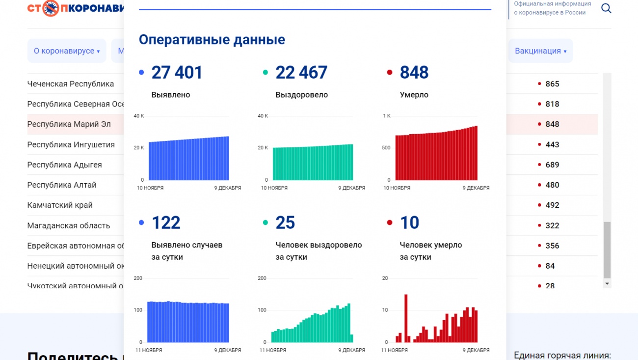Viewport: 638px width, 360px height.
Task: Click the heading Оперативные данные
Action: [212, 39]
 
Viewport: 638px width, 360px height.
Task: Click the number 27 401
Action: [177, 73]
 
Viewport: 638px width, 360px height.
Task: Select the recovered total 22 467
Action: [301, 73]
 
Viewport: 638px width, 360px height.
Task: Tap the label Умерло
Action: [414, 95]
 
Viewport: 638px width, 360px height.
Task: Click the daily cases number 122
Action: [166, 223]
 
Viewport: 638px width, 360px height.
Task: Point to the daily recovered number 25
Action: [285, 223]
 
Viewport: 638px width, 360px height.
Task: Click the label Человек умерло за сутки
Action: [430, 250]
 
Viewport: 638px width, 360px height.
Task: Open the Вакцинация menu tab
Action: [540, 51]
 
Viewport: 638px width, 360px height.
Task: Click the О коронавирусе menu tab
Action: [67, 51]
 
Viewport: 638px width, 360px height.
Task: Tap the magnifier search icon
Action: [606, 8]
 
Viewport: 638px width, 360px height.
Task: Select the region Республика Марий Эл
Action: [69, 124]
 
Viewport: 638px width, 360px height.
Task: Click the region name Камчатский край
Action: [60, 205]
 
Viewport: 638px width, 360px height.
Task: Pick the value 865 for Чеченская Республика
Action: [552, 84]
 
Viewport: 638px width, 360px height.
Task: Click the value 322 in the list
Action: [552, 226]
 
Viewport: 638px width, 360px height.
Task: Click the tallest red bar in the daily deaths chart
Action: [406, 318]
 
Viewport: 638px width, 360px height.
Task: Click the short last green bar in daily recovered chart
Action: [351, 338]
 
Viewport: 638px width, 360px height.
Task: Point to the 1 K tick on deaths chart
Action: [386, 116]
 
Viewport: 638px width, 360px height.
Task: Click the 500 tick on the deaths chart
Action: [386, 148]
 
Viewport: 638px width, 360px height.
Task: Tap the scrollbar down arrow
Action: [607, 284]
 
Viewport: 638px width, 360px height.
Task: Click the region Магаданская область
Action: [68, 226]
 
